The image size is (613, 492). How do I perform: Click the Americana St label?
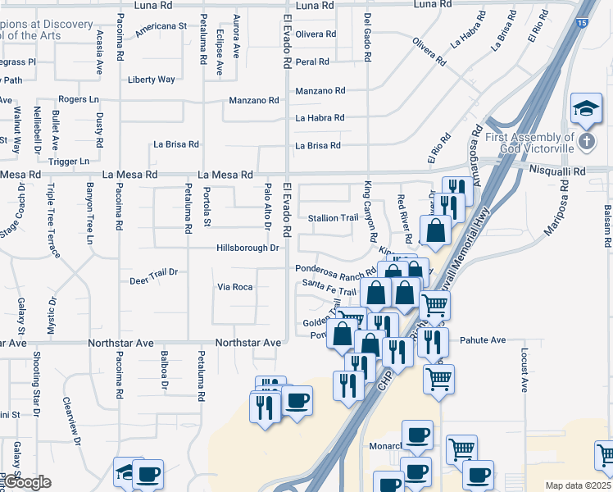point(161,26)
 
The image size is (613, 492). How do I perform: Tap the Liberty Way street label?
point(152,80)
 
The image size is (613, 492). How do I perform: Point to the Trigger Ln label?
point(69,162)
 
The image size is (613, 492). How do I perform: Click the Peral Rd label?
point(312,61)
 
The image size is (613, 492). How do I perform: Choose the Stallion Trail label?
point(334,218)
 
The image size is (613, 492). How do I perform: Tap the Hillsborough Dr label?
point(248,248)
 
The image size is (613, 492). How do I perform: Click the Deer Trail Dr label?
point(153,281)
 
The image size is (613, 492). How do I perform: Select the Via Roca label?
point(234,287)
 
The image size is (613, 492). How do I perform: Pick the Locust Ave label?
point(524,367)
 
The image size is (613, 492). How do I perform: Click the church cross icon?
point(587,141)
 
